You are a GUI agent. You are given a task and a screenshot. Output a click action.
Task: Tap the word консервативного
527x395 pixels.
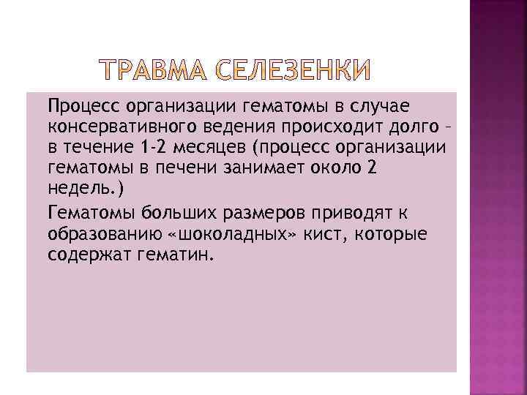point(117,128)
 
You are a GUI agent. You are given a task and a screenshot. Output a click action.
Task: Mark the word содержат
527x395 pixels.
point(87,255)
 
